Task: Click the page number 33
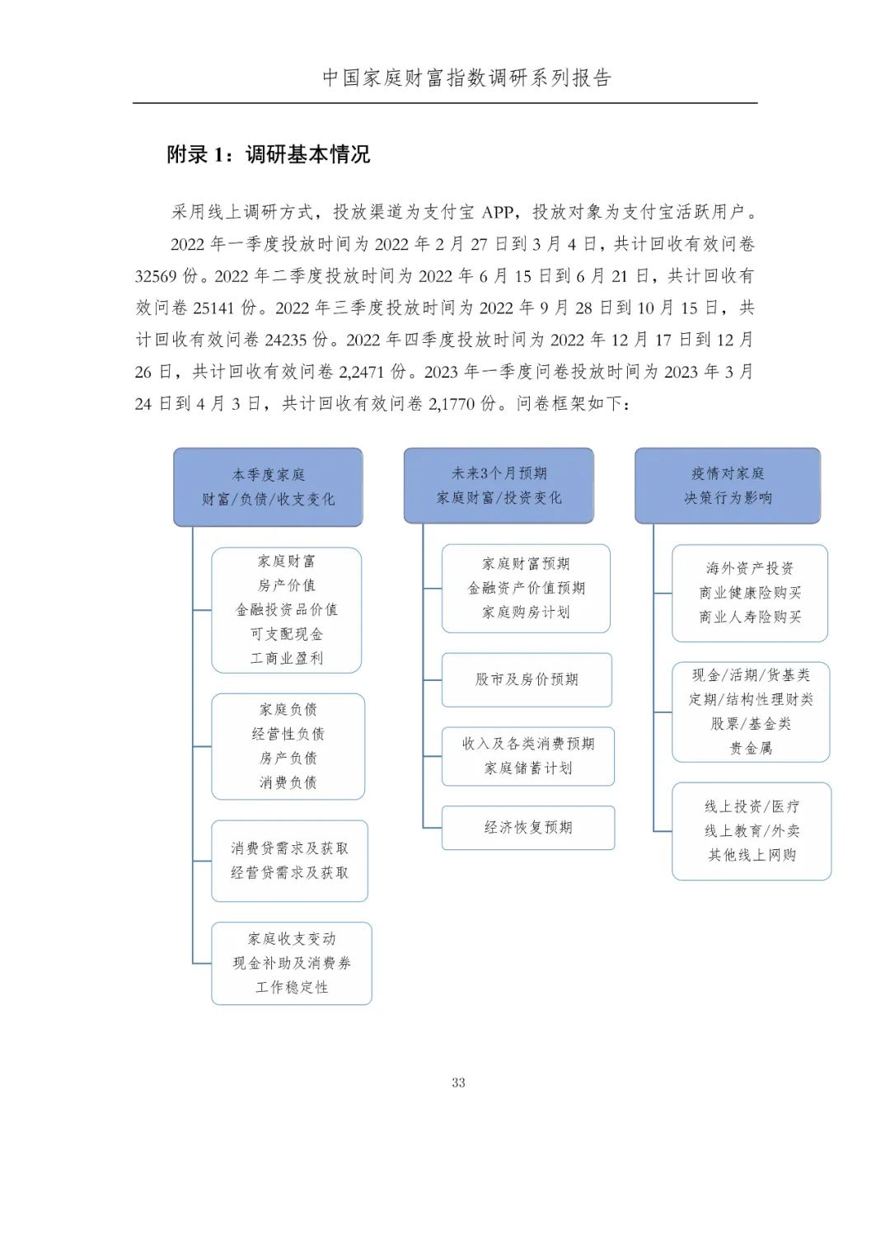(458, 1083)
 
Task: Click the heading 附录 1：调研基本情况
(268, 154)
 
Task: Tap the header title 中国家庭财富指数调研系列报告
(467, 78)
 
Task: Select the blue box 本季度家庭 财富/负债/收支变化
(268, 487)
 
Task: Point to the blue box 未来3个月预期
(499, 486)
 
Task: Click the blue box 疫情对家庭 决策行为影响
(728, 486)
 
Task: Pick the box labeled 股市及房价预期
(527, 679)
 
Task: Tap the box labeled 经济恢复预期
(528, 827)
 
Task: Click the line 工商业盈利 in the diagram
(287, 658)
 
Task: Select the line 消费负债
(288, 782)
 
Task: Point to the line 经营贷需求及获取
(289, 872)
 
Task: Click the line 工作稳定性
(292, 987)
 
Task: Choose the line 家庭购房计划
(526, 612)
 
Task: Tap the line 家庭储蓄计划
(528, 768)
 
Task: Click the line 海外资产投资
(750, 568)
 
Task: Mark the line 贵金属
(751, 748)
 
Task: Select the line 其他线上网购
(752, 855)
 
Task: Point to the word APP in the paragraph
(497, 213)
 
